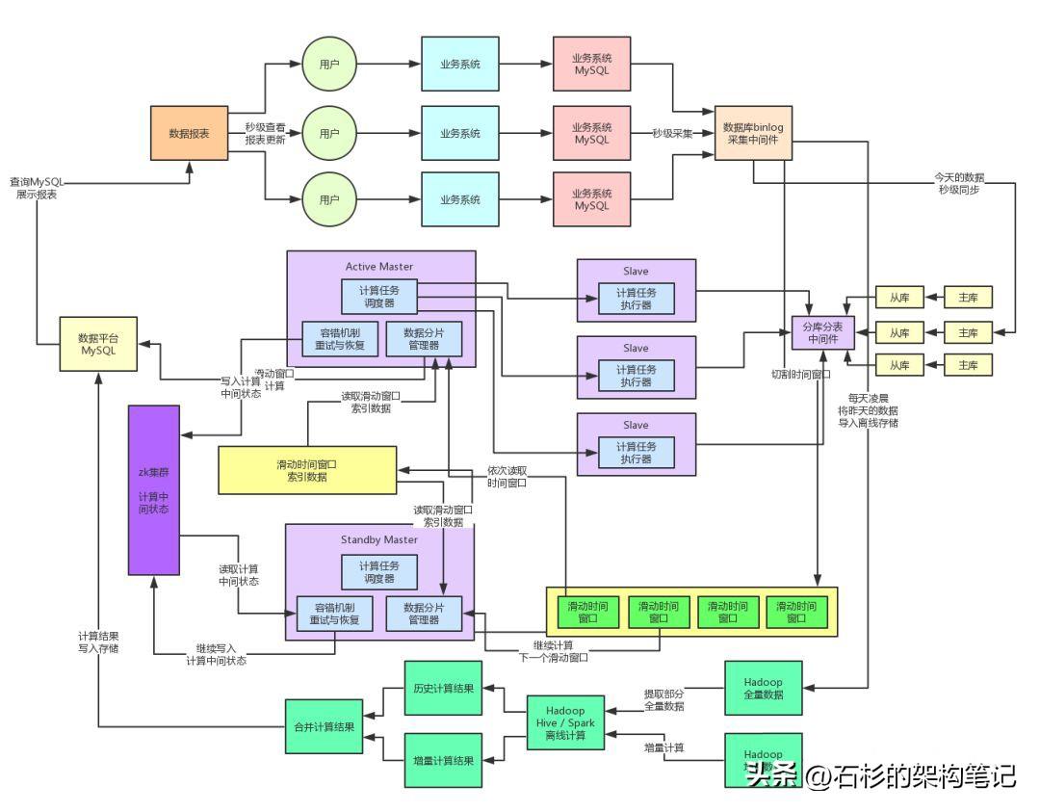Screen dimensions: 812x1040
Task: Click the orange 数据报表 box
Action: pyautogui.click(x=190, y=133)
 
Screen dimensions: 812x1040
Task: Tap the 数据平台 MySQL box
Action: pyautogui.click(x=97, y=344)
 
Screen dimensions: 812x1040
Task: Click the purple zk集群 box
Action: pyautogui.click(x=154, y=490)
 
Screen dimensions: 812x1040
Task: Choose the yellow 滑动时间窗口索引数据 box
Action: pyautogui.click(x=307, y=470)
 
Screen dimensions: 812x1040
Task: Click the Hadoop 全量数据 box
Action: pyautogui.click(x=763, y=688)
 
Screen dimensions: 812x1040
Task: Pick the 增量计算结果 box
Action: pyautogui.click(x=443, y=761)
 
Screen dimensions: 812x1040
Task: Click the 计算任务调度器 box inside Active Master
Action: pyautogui.click(x=380, y=297)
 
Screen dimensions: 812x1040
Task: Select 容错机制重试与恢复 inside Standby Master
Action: pyautogui.click(x=335, y=614)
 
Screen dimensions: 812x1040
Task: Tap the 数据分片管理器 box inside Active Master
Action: pyautogui.click(x=423, y=338)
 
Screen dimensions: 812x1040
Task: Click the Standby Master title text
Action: pyautogui.click(x=379, y=538)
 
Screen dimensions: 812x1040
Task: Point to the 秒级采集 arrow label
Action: pyautogui.click(x=672, y=134)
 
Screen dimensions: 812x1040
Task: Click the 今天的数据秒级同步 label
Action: pyautogui.click(x=959, y=184)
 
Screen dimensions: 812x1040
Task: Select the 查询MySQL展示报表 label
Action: pyautogui.click(x=36, y=187)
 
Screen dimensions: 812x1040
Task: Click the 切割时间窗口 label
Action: pyautogui.click(x=800, y=374)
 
